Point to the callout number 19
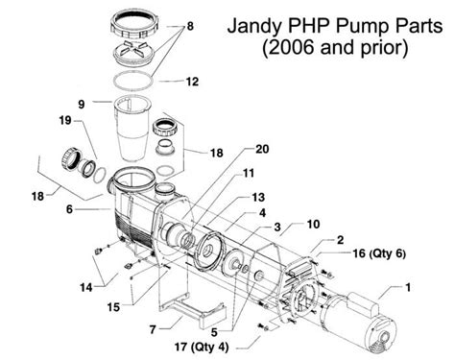point(63,122)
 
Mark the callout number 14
point(87,287)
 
